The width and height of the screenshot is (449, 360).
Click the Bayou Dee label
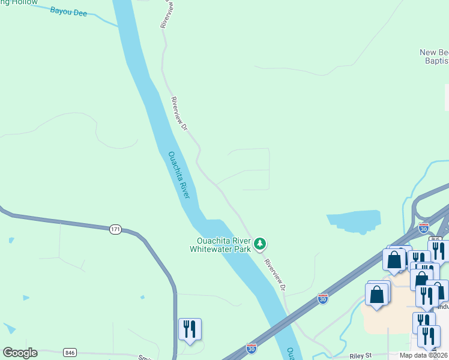(x=69, y=11)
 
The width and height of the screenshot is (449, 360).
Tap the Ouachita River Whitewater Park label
(x=220, y=244)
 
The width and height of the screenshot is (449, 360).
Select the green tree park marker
(x=260, y=244)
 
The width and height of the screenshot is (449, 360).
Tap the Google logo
(x=20, y=353)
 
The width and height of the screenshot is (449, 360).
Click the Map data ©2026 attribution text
(x=424, y=355)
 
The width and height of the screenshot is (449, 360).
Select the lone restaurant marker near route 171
(x=190, y=329)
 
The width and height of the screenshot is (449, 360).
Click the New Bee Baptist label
(x=435, y=56)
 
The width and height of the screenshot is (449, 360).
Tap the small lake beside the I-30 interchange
(x=355, y=221)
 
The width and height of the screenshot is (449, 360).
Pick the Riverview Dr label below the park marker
(x=276, y=275)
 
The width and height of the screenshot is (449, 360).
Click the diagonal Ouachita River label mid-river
(x=179, y=175)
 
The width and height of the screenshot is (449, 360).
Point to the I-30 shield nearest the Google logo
(x=252, y=348)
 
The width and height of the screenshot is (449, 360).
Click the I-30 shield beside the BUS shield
(x=424, y=228)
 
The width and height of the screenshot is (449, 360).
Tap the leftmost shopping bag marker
(x=376, y=295)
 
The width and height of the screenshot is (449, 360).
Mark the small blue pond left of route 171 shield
(x=11, y=241)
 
